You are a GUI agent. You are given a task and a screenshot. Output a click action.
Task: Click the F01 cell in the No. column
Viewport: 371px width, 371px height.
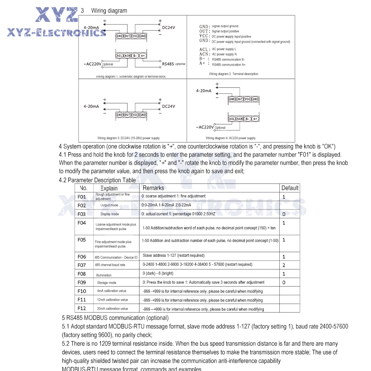click(82, 197)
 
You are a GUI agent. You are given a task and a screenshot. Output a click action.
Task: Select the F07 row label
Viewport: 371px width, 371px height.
click(82, 265)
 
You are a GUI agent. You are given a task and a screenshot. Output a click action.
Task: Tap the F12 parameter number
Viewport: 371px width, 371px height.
click(82, 308)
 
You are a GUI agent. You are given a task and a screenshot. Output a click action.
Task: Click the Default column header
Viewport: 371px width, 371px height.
click(290, 188)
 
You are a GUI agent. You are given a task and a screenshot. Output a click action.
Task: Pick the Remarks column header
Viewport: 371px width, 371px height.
click(153, 188)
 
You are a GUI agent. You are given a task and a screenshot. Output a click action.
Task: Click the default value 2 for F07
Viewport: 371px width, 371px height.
click(284, 265)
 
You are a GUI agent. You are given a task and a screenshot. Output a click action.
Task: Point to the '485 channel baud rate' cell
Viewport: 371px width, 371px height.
click(110, 265)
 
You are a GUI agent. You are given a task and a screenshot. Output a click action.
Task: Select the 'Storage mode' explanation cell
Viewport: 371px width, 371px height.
click(107, 283)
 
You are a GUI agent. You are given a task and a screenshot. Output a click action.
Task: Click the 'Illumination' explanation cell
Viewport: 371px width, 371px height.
click(104, 275)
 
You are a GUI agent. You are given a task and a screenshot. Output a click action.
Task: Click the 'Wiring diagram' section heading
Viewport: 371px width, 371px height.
click(109, 11)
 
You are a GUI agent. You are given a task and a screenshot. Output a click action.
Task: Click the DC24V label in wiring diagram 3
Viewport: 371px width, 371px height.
click(168, 106)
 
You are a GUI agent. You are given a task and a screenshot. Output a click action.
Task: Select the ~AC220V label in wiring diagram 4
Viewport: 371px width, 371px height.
click(205, 127)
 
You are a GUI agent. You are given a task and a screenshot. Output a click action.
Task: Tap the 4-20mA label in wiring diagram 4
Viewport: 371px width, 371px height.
click(204, 91)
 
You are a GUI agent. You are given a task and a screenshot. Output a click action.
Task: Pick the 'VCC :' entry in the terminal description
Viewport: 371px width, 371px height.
click(204, 36)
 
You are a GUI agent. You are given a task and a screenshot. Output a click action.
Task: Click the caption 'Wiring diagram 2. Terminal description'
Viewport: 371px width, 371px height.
click(234, 74)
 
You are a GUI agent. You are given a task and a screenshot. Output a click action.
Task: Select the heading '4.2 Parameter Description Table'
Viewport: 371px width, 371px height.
click(97, 180)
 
